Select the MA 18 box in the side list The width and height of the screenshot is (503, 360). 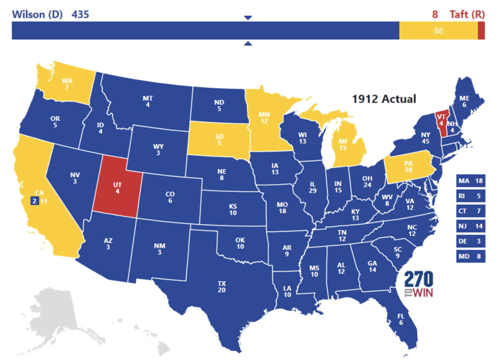click(470, 181)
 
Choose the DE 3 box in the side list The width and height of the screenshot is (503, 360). click(470, 241)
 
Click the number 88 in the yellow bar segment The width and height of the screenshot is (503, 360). click(438, 31)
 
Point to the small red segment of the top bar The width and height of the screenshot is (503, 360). click(481, 31)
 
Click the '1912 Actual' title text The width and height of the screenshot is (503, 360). click(384, 99)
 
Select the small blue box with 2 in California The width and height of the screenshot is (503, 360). click(35, 201)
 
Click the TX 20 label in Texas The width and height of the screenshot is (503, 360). click(222, 287)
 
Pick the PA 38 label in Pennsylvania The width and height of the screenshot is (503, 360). click(408, 167)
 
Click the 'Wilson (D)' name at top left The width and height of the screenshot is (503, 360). click(37, 14)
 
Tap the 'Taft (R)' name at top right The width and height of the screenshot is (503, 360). click(467, 14)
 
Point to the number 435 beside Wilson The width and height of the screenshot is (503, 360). click(80, 14)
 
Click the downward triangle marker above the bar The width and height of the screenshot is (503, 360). click(248, 18)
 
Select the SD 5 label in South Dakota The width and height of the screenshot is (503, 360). click(219, 140)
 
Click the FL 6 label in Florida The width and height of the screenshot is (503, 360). click(401, 319)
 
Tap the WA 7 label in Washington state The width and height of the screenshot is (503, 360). click(67, 84)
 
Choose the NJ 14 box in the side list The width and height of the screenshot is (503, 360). click(470, 226)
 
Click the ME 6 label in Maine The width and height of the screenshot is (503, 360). click(464, 101)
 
